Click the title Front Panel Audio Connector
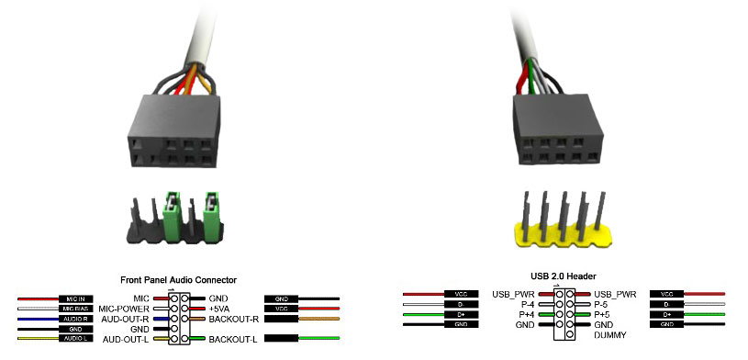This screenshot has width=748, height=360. [x=179, y=279]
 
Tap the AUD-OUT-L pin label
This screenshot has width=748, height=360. [x=128, y=339]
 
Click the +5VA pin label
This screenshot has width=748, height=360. [x=220, y=309]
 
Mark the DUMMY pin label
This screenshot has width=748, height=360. [x=609, y=334]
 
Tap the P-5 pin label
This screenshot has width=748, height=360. [x=602, y=304]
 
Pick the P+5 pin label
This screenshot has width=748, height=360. [x=602, y=314]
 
